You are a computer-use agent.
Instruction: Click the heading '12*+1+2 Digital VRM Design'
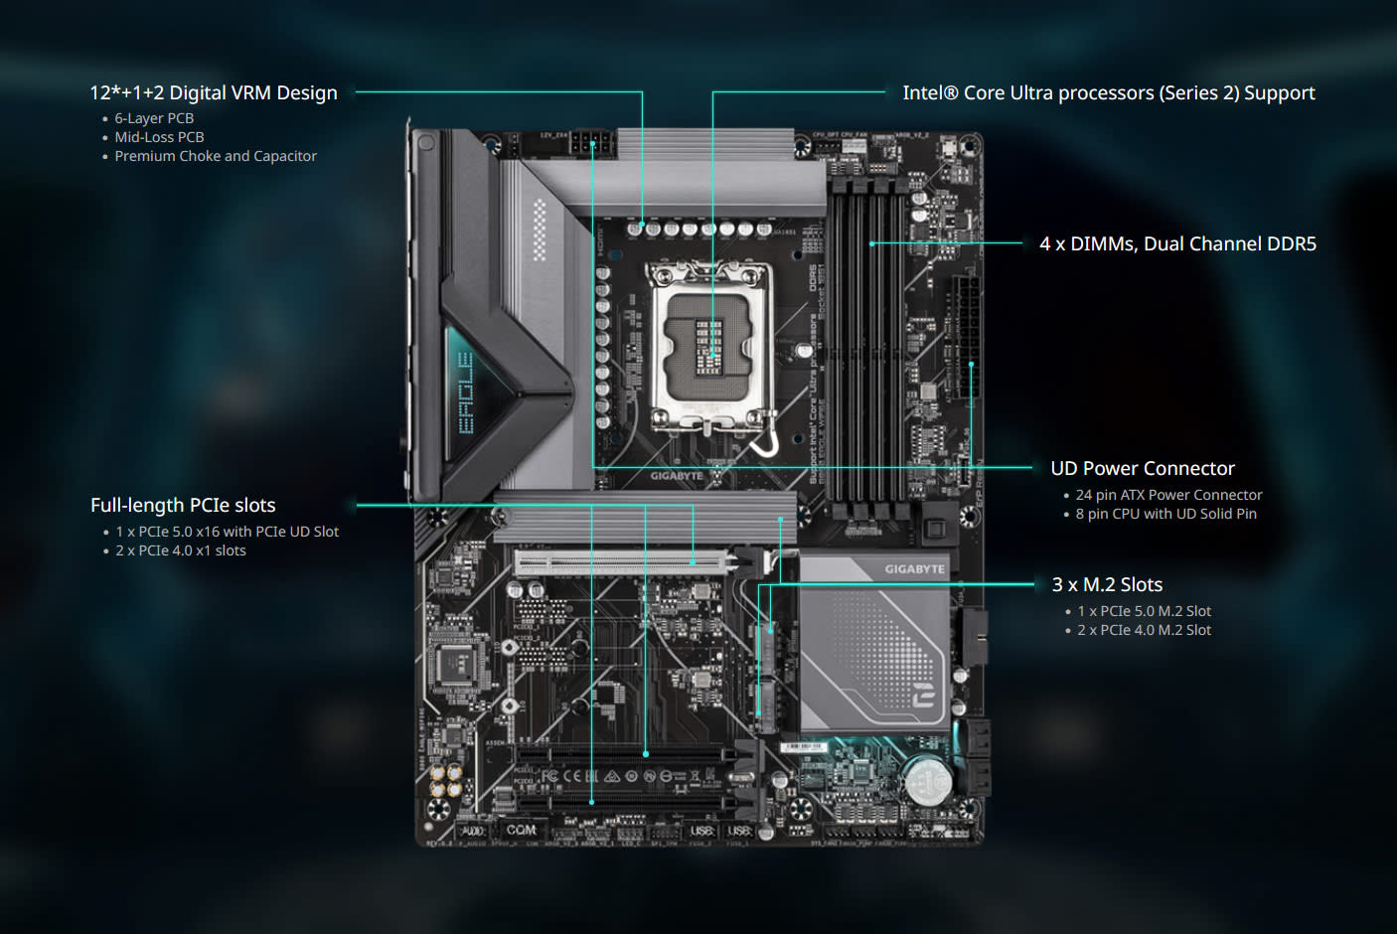coord(214,92)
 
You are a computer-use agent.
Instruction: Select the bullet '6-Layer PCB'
coord(154,118)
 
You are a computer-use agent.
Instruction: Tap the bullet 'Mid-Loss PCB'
coord(159,137)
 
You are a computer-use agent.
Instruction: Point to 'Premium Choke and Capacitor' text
coord(216,156)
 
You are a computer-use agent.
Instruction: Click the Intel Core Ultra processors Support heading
coord(1108,92)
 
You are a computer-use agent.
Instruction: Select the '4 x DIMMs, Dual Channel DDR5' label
coord(1177,243)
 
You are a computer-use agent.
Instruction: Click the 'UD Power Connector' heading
coord(1143,468)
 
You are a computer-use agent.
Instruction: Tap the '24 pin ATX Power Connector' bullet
coord(1168,495)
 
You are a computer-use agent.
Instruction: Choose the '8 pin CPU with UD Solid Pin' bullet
coord(1165,514)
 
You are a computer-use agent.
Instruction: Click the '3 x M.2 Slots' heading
coord(1107,584)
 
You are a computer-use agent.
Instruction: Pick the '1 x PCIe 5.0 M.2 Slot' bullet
coord(1144,611)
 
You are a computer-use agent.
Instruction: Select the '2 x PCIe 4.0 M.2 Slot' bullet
coord(1144,630)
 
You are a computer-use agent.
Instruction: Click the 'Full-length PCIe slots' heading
coord(183,505)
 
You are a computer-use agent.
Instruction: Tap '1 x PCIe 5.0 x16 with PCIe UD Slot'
coord(227,532)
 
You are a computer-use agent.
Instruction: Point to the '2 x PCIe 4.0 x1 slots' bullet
coord(180,550)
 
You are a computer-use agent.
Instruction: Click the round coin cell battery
coord(927,779)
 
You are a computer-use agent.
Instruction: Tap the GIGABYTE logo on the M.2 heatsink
coord(914,569)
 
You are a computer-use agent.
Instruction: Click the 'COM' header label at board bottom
coord(521,830)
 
